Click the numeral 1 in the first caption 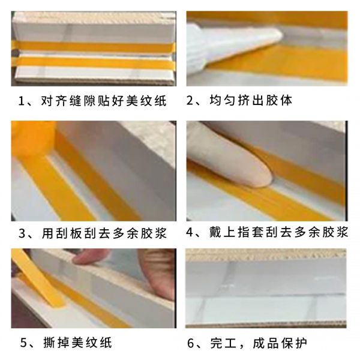coord(22,101)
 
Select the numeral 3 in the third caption coord(22,233)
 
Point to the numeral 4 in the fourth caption coord(190,232)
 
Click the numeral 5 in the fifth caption coord(23,343)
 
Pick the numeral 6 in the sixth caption coord(191,343)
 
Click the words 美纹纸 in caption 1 coord(146,101)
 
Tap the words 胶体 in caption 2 coord(279,100)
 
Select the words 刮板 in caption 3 coord(67,233)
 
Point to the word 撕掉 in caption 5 coord(57,343)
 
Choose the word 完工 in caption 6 coord(223,343)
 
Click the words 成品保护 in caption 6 coord(280,343)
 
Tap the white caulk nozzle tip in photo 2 coord(275,34)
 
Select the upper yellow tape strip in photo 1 coord(94,47)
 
